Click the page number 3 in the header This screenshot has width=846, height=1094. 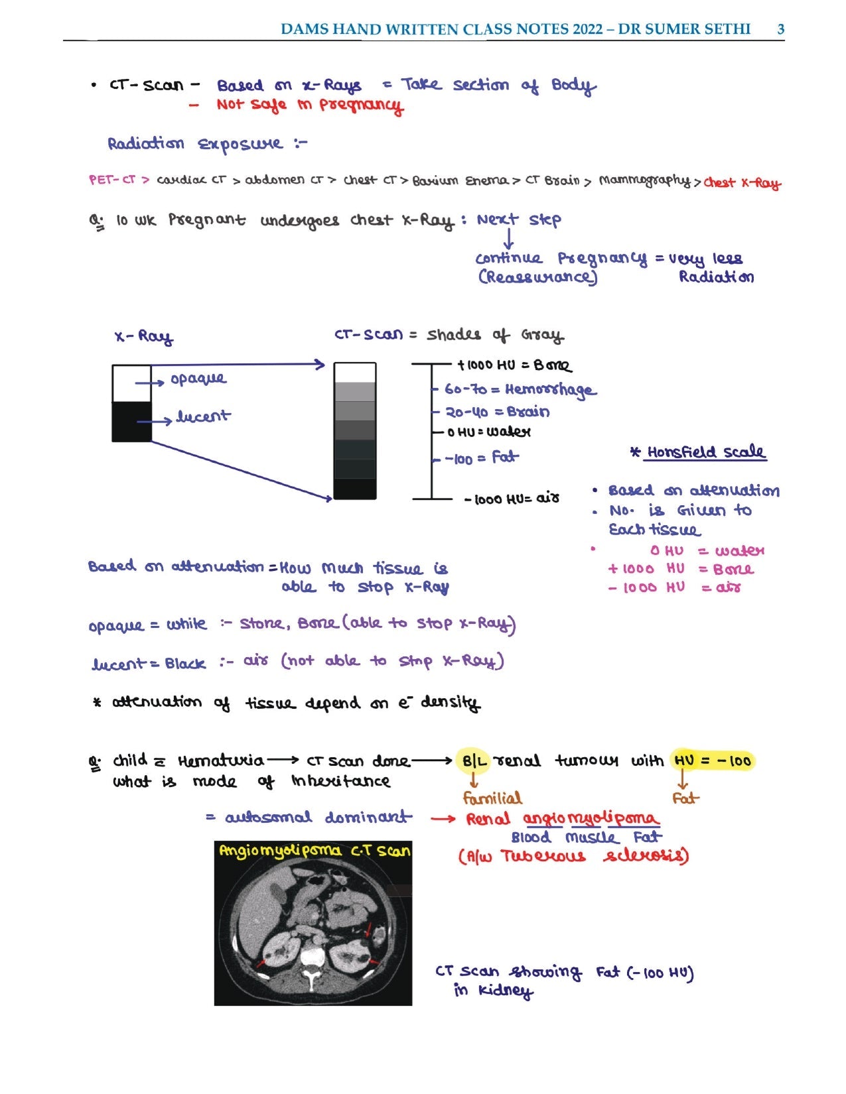[x=780, y=29]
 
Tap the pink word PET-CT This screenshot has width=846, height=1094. [x=111, y=180]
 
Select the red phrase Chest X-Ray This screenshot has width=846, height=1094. [x=742, y=183]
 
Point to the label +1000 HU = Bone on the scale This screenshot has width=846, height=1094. [x=514, y=365]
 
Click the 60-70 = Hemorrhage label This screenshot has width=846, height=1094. [x=520, y=389]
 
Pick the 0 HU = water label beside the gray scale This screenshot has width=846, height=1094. [x=488, y=432]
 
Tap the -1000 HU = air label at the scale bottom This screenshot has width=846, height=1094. [x=512, y=499]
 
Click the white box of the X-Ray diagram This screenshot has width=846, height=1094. [x=131, y=383]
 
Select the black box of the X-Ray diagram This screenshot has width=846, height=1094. [x=131, y=422]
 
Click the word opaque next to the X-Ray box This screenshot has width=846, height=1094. [x=198, y=379]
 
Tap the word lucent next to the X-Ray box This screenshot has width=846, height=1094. [x=202, y=417]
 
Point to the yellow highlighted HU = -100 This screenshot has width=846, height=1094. [x=712, y=760]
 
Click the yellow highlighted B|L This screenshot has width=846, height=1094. [x=474, y=761]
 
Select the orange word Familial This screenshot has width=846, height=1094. [x=492, y=798]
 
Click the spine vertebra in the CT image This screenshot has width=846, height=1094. [x=311, y=959]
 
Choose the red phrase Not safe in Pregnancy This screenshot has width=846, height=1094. [x=309, y=105]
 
